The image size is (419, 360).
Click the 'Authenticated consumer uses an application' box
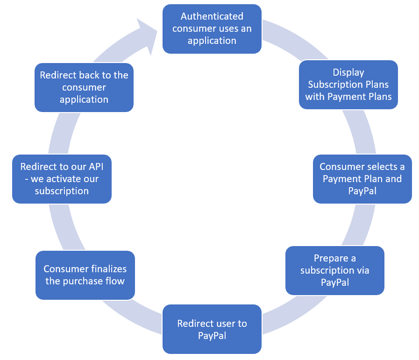pyautogui.click(x=212, y=28)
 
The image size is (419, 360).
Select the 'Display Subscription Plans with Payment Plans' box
pyautogui.click(x=348, y=85)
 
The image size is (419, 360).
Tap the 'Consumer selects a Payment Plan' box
pyautogui.click(x=362, y=179)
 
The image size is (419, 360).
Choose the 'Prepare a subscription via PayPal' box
pyautogui.click(x=334, y=270)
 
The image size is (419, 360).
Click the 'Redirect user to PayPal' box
pyautogui.click(x=212, y=329)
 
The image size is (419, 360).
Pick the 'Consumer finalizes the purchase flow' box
pyautogui.click(x=85, y=275)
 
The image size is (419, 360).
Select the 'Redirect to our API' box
pyautogui.click(x=62, y=179)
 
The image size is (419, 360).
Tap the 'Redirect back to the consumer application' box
pyautogui.click(x=84, y=87)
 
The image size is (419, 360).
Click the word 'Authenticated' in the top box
pyautogui.click(x=212, y=16)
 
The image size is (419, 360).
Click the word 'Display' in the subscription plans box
pyautogui.click(x=348, y=72)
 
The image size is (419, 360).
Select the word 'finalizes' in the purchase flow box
pyautogui.click(x=108, y=269)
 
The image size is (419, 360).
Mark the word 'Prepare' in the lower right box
pyautogui.click(x=331, y=258)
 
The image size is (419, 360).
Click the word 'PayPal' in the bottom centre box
pyautogui.click(x=212, y=335)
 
